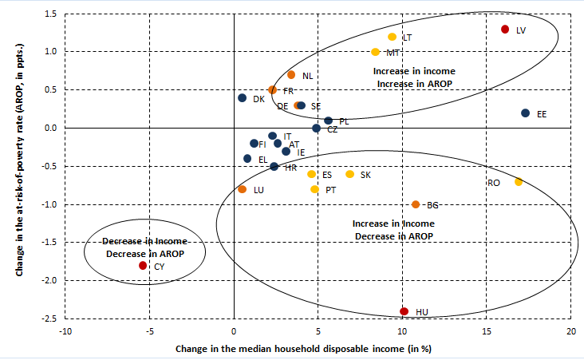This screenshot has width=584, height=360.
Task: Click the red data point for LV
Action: tap(504, 30)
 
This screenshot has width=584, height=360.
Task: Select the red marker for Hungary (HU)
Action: tap(404, 311)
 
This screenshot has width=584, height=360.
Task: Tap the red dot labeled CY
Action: tap(143, 266)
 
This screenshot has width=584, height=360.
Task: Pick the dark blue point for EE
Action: tap(525, 113)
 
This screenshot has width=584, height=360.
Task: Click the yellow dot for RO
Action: tap(519, 182)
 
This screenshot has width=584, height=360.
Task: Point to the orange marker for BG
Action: tap(416, 204)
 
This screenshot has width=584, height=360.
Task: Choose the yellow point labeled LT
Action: tap(392, 37)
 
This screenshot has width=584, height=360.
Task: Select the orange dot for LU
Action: tap(243, 189)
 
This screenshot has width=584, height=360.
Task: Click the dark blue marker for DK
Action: tap(242, 98)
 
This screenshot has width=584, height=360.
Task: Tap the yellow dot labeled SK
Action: tap(349, 174)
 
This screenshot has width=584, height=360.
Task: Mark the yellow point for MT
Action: tap(375, 52)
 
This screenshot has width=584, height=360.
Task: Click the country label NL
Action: tap(307, 76)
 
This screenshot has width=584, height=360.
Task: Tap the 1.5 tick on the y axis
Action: tap(50, 14)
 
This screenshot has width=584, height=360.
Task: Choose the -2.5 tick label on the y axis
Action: tap(49, 319)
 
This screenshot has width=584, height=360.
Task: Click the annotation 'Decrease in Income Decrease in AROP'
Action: tap(144, 247)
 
